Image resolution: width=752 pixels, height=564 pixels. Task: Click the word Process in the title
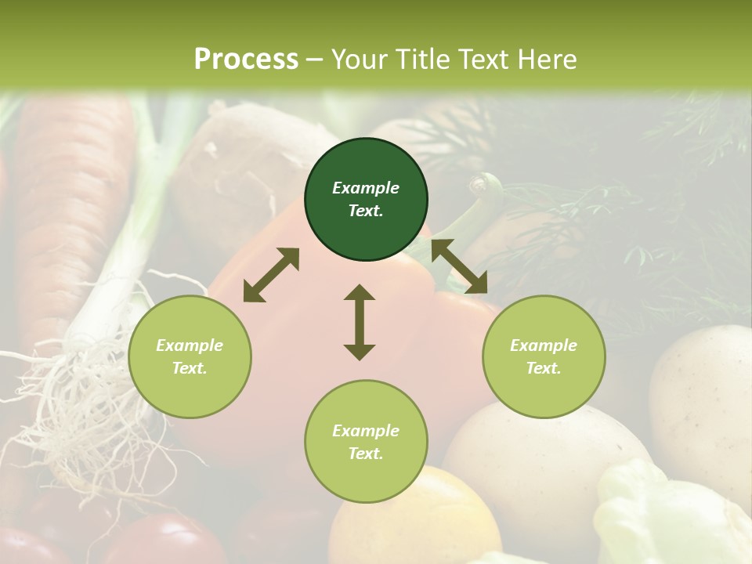coord(246,59)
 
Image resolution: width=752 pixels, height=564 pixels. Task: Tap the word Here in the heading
coord(546,59)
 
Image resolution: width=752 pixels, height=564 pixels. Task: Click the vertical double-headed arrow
coord(360,322)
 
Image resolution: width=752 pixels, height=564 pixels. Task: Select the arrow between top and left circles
coord(271,274)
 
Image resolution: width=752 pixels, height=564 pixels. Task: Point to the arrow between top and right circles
coord(459,266)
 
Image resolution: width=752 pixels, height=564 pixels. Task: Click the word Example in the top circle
coord(366,188)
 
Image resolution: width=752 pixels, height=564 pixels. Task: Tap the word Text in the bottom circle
coord(366,454)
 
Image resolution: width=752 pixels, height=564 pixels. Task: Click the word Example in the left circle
coord(190,345)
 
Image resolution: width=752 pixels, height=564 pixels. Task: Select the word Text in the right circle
coord(544,368)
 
